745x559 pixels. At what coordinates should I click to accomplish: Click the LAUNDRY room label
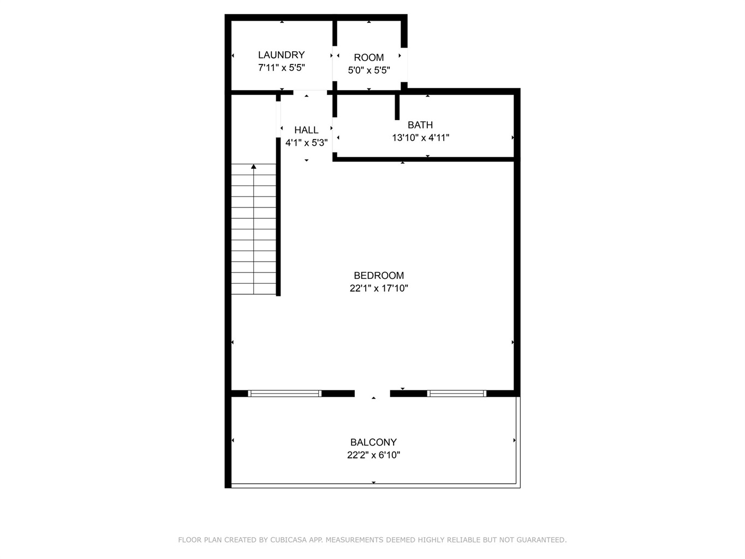tap(281, 55)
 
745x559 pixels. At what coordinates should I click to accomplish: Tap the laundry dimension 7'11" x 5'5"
tap(282, 68)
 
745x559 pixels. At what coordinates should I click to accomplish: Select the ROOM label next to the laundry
tap(368, 57)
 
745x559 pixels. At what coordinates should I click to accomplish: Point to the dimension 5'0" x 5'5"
tap(369, 70)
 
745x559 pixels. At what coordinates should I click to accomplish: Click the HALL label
tap(306, 130)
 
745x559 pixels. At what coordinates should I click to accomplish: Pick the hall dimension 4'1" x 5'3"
tap(307, 142)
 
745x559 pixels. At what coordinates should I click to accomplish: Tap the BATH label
tap(420, 125)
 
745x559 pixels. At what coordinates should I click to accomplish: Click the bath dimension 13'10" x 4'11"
tap(420, 138)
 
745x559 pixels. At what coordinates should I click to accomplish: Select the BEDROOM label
tap(379, 275)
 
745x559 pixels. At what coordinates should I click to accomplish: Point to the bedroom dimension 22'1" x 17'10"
tap(379, 288)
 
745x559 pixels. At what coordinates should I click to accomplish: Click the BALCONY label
tap(373, 442)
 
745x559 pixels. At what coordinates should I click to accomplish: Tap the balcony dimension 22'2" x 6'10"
tap(373, 455)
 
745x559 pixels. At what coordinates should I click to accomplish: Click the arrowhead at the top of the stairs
tap(254, 166)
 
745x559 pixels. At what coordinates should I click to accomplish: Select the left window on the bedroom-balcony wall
tap(284, 394)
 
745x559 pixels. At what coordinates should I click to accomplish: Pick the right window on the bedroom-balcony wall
tap(456, 394)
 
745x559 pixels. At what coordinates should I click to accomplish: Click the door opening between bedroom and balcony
tap(372, 394)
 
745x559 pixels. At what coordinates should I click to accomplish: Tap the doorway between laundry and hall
tap(310, 92)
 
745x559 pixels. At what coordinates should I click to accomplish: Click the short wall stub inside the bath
tap(397, 107)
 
